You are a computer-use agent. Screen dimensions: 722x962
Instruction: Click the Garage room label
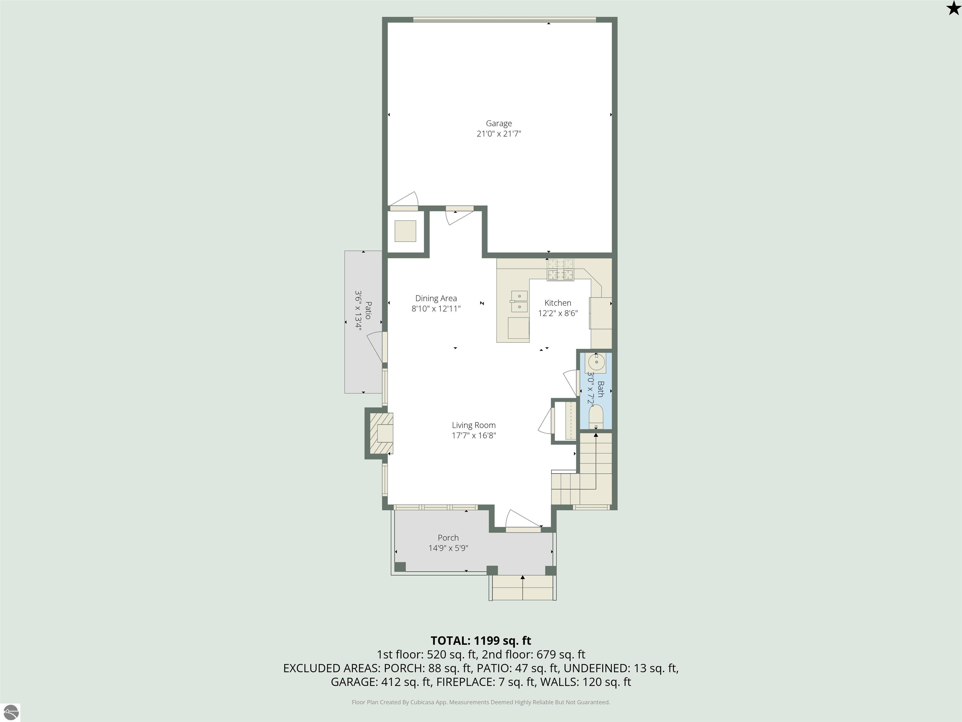(499, 123)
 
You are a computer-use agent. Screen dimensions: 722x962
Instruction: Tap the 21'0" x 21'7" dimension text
(499, 133)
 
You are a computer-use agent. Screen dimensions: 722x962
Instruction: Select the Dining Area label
(436, 298)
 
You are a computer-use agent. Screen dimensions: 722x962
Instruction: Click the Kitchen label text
(557, 303)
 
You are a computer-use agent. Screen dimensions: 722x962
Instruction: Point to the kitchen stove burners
(560, 269)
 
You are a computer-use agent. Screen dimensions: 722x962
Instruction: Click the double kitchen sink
(519, 301)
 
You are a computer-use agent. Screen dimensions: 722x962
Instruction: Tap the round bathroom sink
(597, 362)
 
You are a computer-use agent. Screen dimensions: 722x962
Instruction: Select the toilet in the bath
(596, 416)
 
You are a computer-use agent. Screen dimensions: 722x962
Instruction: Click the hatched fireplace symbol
(381, 433)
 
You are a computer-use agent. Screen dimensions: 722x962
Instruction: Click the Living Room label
(473, 425)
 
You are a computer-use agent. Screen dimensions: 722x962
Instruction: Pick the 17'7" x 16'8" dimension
(473, 436)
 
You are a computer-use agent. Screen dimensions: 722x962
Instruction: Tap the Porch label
(448, 537)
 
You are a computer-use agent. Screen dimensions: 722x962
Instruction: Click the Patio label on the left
(368, 310)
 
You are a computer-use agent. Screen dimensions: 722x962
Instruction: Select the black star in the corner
(953, 8)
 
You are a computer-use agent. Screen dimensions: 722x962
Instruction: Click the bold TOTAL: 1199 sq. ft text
(481, 641)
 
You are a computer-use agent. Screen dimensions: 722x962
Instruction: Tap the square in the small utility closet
(405, 231)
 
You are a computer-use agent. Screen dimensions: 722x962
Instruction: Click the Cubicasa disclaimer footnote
(481, 702)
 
